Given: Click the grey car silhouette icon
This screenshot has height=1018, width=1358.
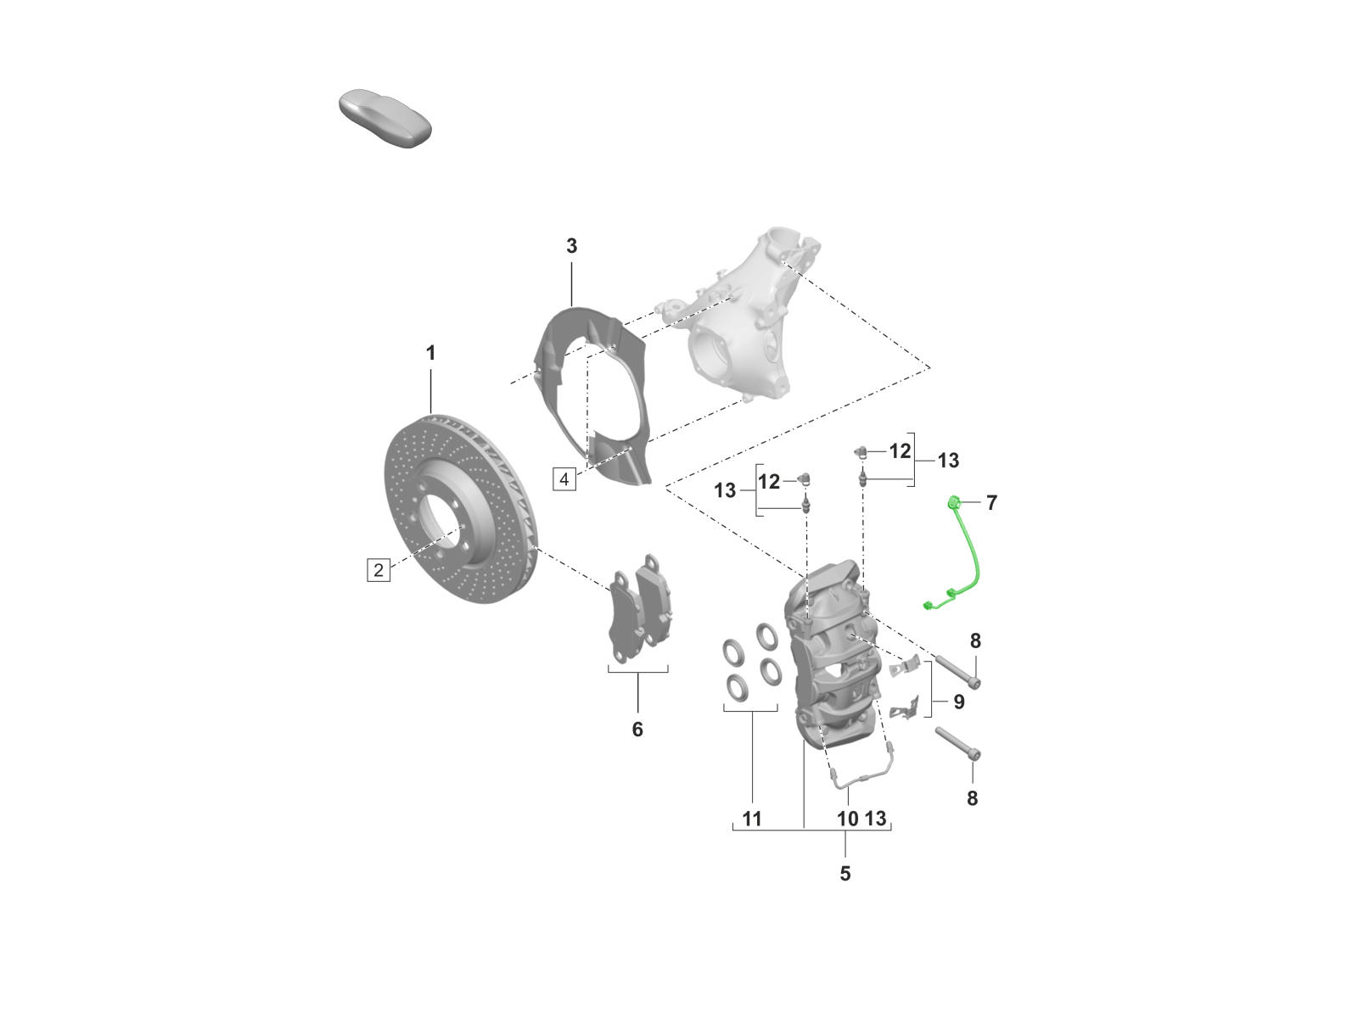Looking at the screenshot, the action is pos(384,118).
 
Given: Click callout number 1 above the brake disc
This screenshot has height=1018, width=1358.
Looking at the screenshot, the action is pos(430,353).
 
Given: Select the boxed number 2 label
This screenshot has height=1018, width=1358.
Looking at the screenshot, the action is pos(379,569).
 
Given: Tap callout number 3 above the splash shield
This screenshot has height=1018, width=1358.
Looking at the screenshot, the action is pos(572,246).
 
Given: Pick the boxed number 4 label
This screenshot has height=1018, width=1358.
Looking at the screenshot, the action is pos(564,479).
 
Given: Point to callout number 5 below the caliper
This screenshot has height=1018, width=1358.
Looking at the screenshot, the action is pos(845,874).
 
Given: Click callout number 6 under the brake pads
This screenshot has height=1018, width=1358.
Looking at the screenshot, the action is pos(637,730).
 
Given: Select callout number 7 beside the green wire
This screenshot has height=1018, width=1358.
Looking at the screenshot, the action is pos(991,503).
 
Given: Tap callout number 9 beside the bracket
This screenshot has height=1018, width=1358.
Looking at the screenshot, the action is pos(959,702).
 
